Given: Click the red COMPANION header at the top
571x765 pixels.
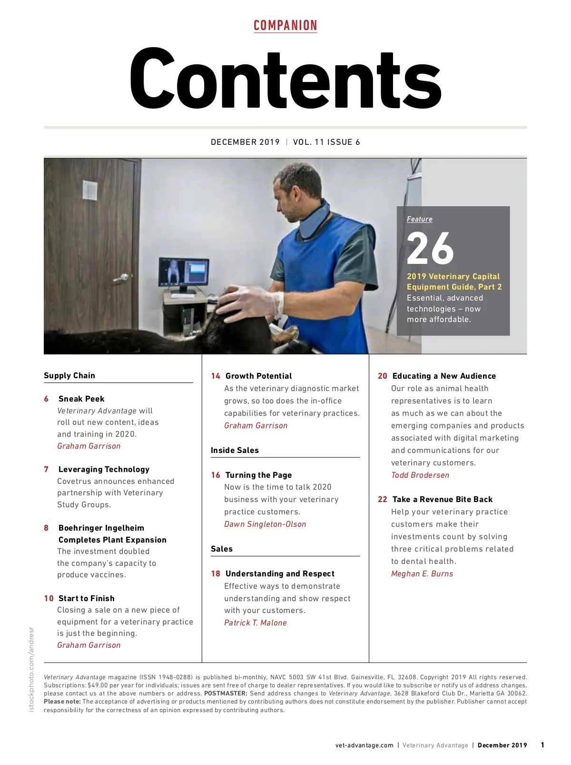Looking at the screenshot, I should point(285,26).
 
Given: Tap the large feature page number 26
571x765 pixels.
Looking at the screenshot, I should point(430,248).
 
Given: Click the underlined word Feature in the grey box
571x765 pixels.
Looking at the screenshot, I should point(419,219).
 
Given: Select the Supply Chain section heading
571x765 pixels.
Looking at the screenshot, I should point(69,375).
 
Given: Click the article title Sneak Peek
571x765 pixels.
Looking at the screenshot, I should point(81,399).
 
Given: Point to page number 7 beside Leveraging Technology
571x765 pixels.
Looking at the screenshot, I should point(46,469).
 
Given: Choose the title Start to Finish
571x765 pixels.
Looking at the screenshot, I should point(86,598).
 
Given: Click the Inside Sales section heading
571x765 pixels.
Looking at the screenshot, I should point(235,450).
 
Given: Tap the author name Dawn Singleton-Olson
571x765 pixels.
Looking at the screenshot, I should point(265,524).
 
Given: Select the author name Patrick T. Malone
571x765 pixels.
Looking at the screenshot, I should point(256,623).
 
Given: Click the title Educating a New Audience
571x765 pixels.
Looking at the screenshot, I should point(444,376).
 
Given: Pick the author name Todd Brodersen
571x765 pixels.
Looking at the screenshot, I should point(420,475).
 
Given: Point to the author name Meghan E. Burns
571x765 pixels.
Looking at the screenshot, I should point(422,574).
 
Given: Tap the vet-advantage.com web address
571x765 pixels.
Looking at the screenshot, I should point(364,745).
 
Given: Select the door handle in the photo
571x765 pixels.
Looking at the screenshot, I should point(121,277).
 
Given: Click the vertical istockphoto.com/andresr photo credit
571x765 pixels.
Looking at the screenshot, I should point(32,669).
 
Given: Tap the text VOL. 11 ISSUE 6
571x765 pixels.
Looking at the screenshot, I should point(326,142).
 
